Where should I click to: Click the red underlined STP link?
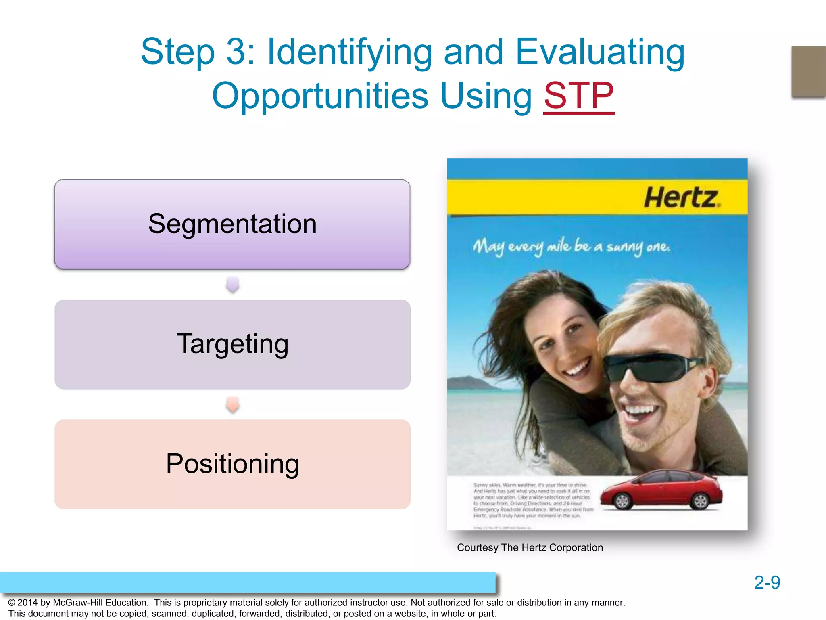tap(578, 96)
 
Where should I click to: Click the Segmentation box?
tap(232, 224)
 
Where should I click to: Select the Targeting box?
tap(232, 344)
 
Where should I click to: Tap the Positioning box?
tap(232, 464)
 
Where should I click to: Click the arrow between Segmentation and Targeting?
tap(233, 285)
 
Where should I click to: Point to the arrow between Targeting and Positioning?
tap(233, 404)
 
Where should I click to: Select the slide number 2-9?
tap(767, 582)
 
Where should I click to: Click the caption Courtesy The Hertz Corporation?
tap(530, 547)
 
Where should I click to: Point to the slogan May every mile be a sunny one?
tap(572, 246)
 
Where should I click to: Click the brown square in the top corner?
tap(808, 71)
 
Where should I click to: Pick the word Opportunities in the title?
tap(320, 96)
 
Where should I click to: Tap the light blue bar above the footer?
tap(248, 582)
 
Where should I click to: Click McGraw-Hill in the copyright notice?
tap(100, 603)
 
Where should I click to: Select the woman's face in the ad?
tap(565, 343)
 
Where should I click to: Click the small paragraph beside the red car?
tap(532, 501)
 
